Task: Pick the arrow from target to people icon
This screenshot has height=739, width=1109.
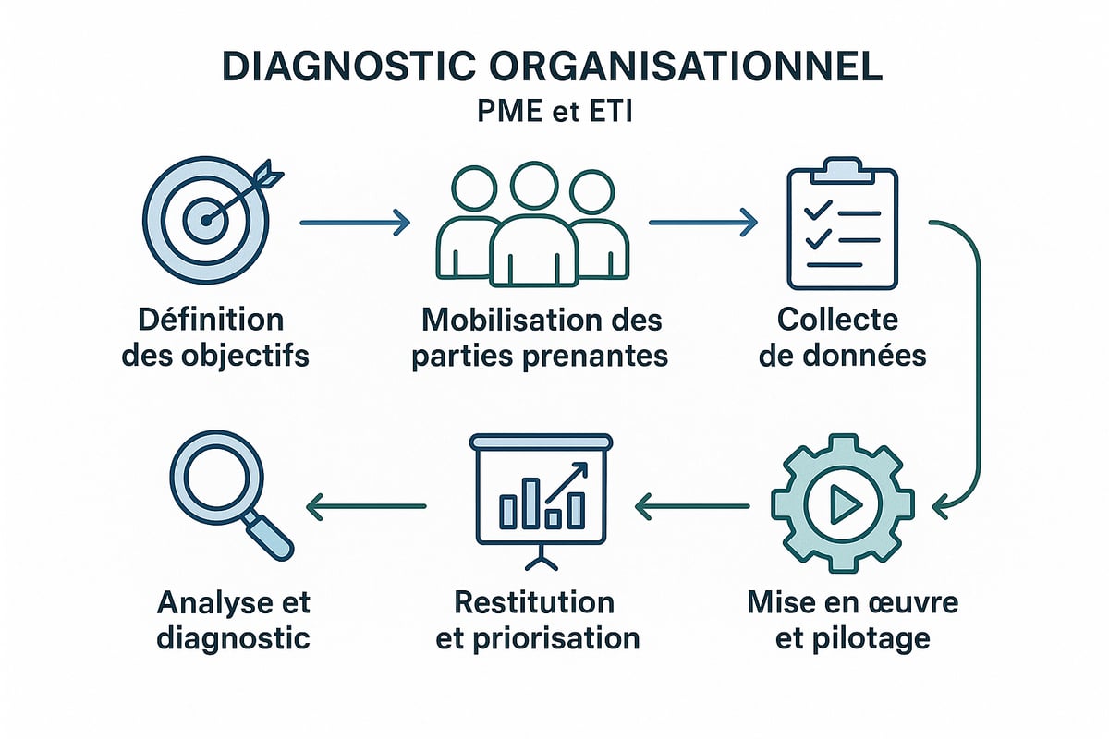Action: [355, 222]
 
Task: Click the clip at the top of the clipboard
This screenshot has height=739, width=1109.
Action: [840, 171]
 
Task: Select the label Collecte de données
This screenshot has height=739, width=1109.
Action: [840, 337]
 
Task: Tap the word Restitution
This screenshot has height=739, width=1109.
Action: [534, 602]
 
